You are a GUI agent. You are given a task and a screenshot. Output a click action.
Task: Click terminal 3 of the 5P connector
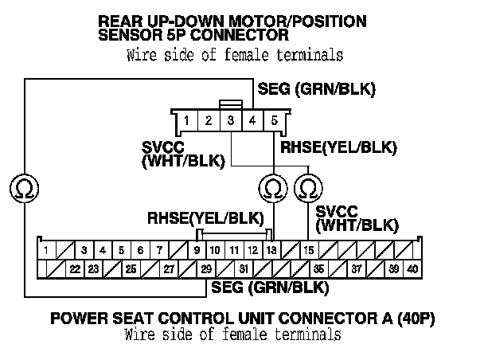230,121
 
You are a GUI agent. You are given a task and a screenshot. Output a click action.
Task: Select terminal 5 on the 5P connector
275,121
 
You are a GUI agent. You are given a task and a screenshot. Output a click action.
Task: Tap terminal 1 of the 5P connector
185,121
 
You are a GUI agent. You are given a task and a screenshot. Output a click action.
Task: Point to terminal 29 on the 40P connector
206,269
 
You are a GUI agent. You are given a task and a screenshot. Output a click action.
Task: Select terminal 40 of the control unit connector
412,269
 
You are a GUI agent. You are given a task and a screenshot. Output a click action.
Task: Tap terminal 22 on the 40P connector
75,269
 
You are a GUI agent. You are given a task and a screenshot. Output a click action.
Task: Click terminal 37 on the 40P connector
356,269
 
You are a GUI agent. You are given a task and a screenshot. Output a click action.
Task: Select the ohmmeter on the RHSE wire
272,188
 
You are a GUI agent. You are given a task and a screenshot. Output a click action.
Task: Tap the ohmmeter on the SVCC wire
307,188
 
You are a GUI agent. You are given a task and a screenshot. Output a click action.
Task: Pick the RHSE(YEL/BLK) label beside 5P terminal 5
338,147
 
